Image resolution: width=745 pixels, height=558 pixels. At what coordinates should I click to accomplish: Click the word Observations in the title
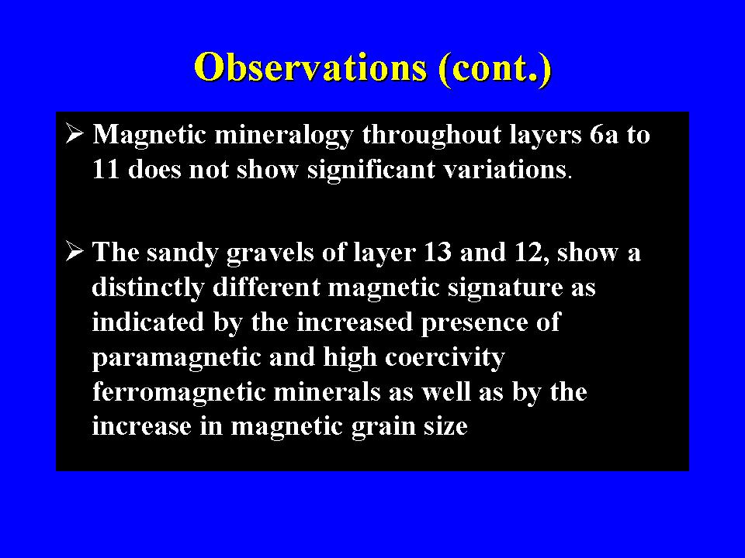pyautogui.click(x=310, y=67)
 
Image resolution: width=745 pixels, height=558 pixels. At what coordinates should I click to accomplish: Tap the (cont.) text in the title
pyautogui.click(x=496, y=70)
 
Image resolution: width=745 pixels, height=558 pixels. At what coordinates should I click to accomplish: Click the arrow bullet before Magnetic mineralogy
pyautogui.click(x=74, y=133)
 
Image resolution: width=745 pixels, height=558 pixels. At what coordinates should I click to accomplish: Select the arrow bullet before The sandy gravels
pyautogui.click(x=74, y=251)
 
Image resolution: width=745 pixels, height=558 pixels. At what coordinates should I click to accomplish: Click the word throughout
pyautogui.click(x=431, y=136)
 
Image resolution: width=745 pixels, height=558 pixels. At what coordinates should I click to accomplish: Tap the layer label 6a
pyautogui.click(x=604, y=135)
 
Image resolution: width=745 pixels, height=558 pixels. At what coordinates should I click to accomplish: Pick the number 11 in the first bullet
pyautogui.click(x=106, y=169)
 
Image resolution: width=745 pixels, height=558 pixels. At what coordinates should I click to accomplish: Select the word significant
pyautogui.click(x=371, y=170)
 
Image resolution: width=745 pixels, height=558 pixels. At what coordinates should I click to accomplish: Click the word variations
pyautogui.click(x=504, y=170)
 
